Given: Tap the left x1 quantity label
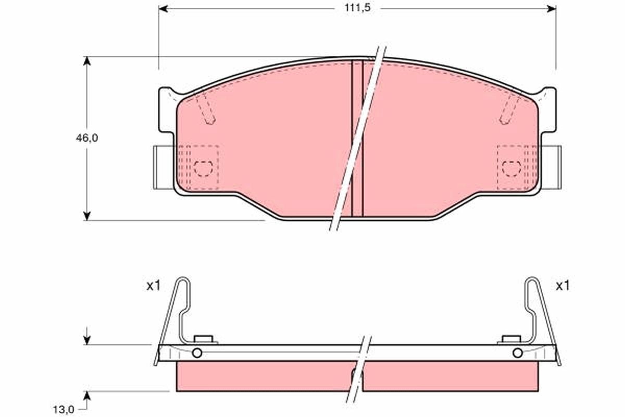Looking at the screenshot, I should coord(153,286).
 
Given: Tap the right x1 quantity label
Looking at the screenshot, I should coord(562,286).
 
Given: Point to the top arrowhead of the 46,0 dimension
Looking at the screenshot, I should coord(87,62).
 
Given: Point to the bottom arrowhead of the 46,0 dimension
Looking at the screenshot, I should coord(87,215).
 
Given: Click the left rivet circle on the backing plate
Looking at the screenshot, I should coord(197,353).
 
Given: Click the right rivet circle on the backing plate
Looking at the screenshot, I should coord(517,353).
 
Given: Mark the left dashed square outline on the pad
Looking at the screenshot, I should coord(202,167).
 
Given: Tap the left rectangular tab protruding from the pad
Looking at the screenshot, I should coord(160,167).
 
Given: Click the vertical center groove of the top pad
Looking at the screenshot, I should coord(357,138).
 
